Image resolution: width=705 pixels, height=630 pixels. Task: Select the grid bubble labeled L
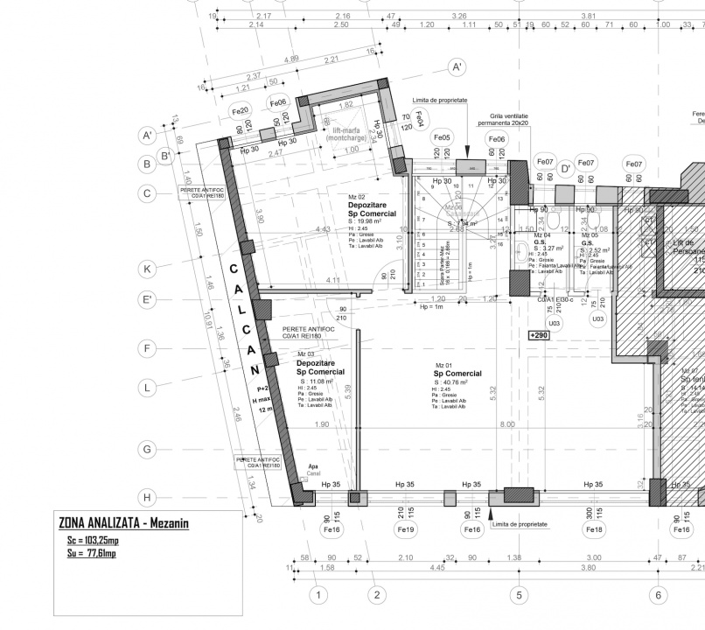(148, 386)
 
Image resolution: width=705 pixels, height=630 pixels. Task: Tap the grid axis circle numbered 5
(519, 595)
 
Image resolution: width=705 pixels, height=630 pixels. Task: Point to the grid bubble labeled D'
(565, 167)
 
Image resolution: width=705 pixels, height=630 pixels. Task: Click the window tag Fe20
(241, 112)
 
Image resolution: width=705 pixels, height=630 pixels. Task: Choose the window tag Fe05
(442, 138)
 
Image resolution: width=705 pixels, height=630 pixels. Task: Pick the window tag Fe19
(406, 529)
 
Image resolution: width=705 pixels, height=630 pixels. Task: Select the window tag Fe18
(594, 529)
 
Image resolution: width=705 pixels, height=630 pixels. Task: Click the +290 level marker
(539, 335)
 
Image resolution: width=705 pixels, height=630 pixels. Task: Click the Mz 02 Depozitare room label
(372, 209)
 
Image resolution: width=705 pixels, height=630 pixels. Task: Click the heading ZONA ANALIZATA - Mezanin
(123, 523)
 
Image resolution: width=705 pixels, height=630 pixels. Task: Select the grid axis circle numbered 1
(319, 595)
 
